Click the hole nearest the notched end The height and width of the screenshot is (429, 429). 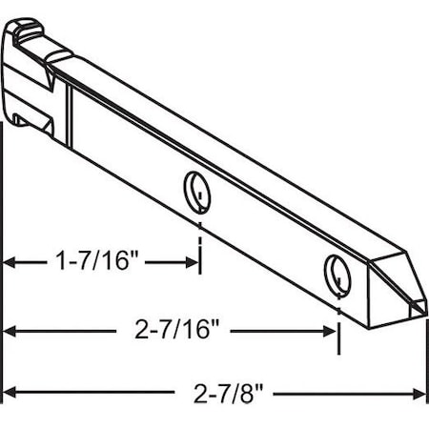click(196, 189)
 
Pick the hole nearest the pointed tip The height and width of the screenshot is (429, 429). click(337, 272)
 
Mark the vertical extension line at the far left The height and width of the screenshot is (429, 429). click(4, 286)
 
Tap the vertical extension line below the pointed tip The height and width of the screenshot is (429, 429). click(425, 362)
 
